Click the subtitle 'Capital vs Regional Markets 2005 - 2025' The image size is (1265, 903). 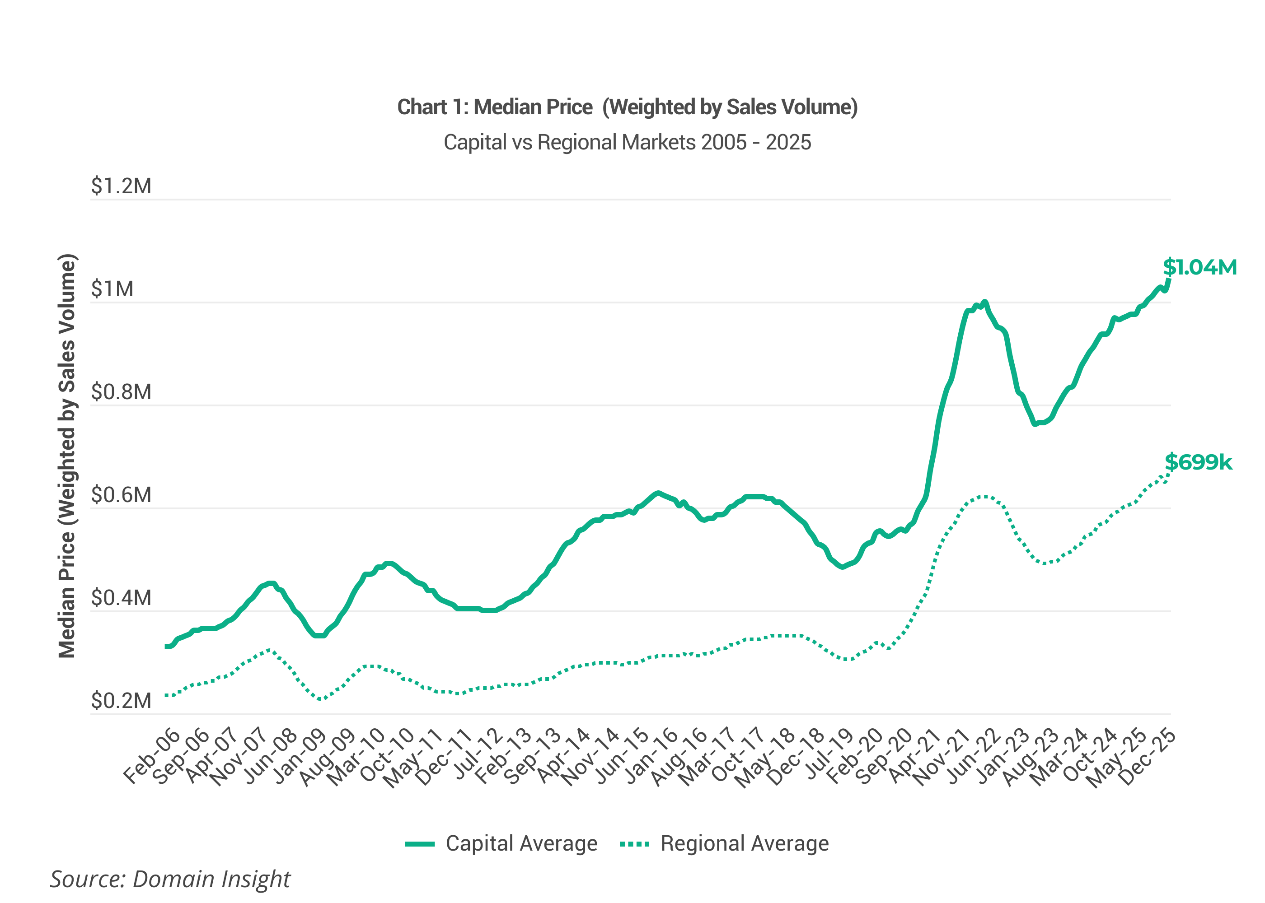click(627, 142)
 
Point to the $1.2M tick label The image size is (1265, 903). click(121, 186)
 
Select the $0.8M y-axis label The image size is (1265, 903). click(121, 392)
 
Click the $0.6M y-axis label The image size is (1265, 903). click(121, 495)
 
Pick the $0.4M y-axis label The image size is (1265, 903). click(121, 598)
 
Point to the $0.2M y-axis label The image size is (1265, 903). click(121, 701)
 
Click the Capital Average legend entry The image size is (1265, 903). click(501, 843)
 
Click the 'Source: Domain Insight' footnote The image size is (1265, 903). click(170, 879)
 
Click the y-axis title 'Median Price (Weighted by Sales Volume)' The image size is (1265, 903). click(67, 456)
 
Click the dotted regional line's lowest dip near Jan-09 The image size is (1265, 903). click(320, 699)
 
